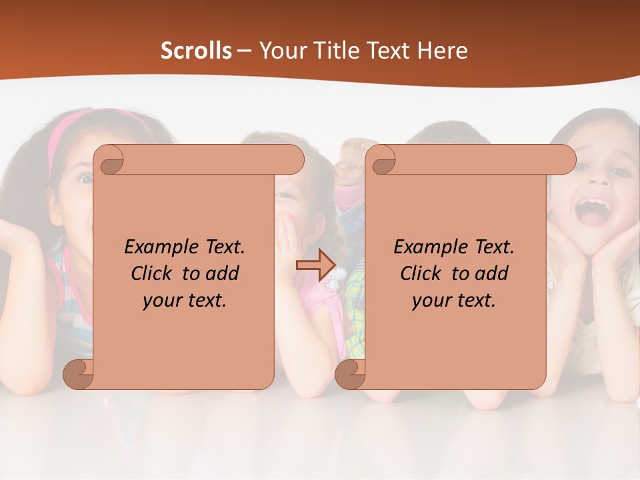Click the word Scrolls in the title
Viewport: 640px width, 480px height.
click(197, 51)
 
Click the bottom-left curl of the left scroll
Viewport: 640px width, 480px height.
click(78, 373)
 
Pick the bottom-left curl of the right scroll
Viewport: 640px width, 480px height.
click(349, 373)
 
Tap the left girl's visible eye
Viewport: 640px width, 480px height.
click(85, 178)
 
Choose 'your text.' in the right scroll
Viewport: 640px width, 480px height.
click(454, 300)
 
